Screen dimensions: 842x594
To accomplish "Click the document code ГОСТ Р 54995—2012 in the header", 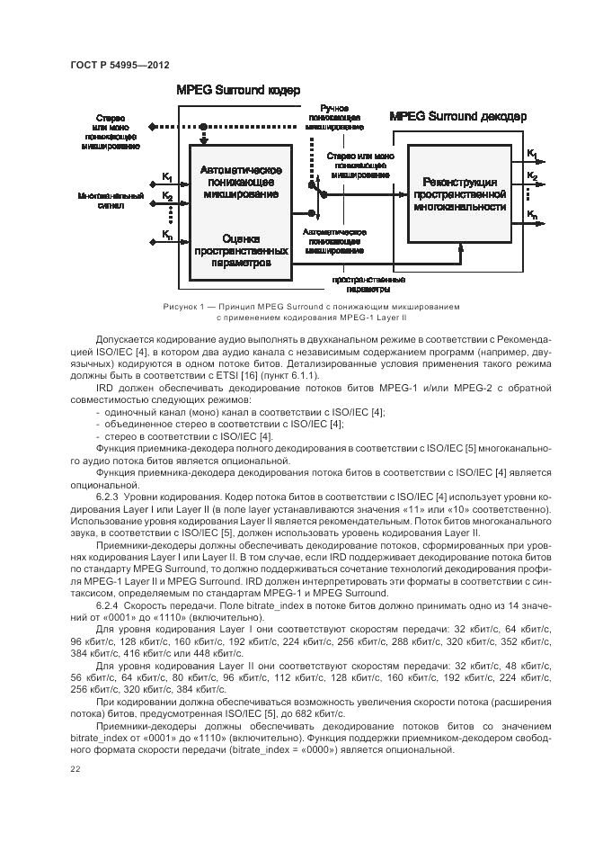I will pos(120,65).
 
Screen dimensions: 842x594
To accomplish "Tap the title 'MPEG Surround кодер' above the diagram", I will pos(238,91).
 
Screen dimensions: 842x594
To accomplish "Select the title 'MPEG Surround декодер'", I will pos(459,117).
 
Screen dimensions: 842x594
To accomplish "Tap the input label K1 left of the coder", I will pos(167,176).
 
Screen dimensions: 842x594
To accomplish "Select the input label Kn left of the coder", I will pos(167,235).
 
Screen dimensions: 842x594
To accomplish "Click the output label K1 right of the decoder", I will pos(532,153).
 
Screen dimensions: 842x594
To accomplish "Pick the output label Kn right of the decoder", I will pos(532,214).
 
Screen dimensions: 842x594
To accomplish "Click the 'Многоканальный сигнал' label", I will pos(111,200).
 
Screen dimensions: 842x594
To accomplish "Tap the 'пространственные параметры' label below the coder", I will pos(362,285).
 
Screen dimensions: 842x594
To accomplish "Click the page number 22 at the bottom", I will pos(75,769).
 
